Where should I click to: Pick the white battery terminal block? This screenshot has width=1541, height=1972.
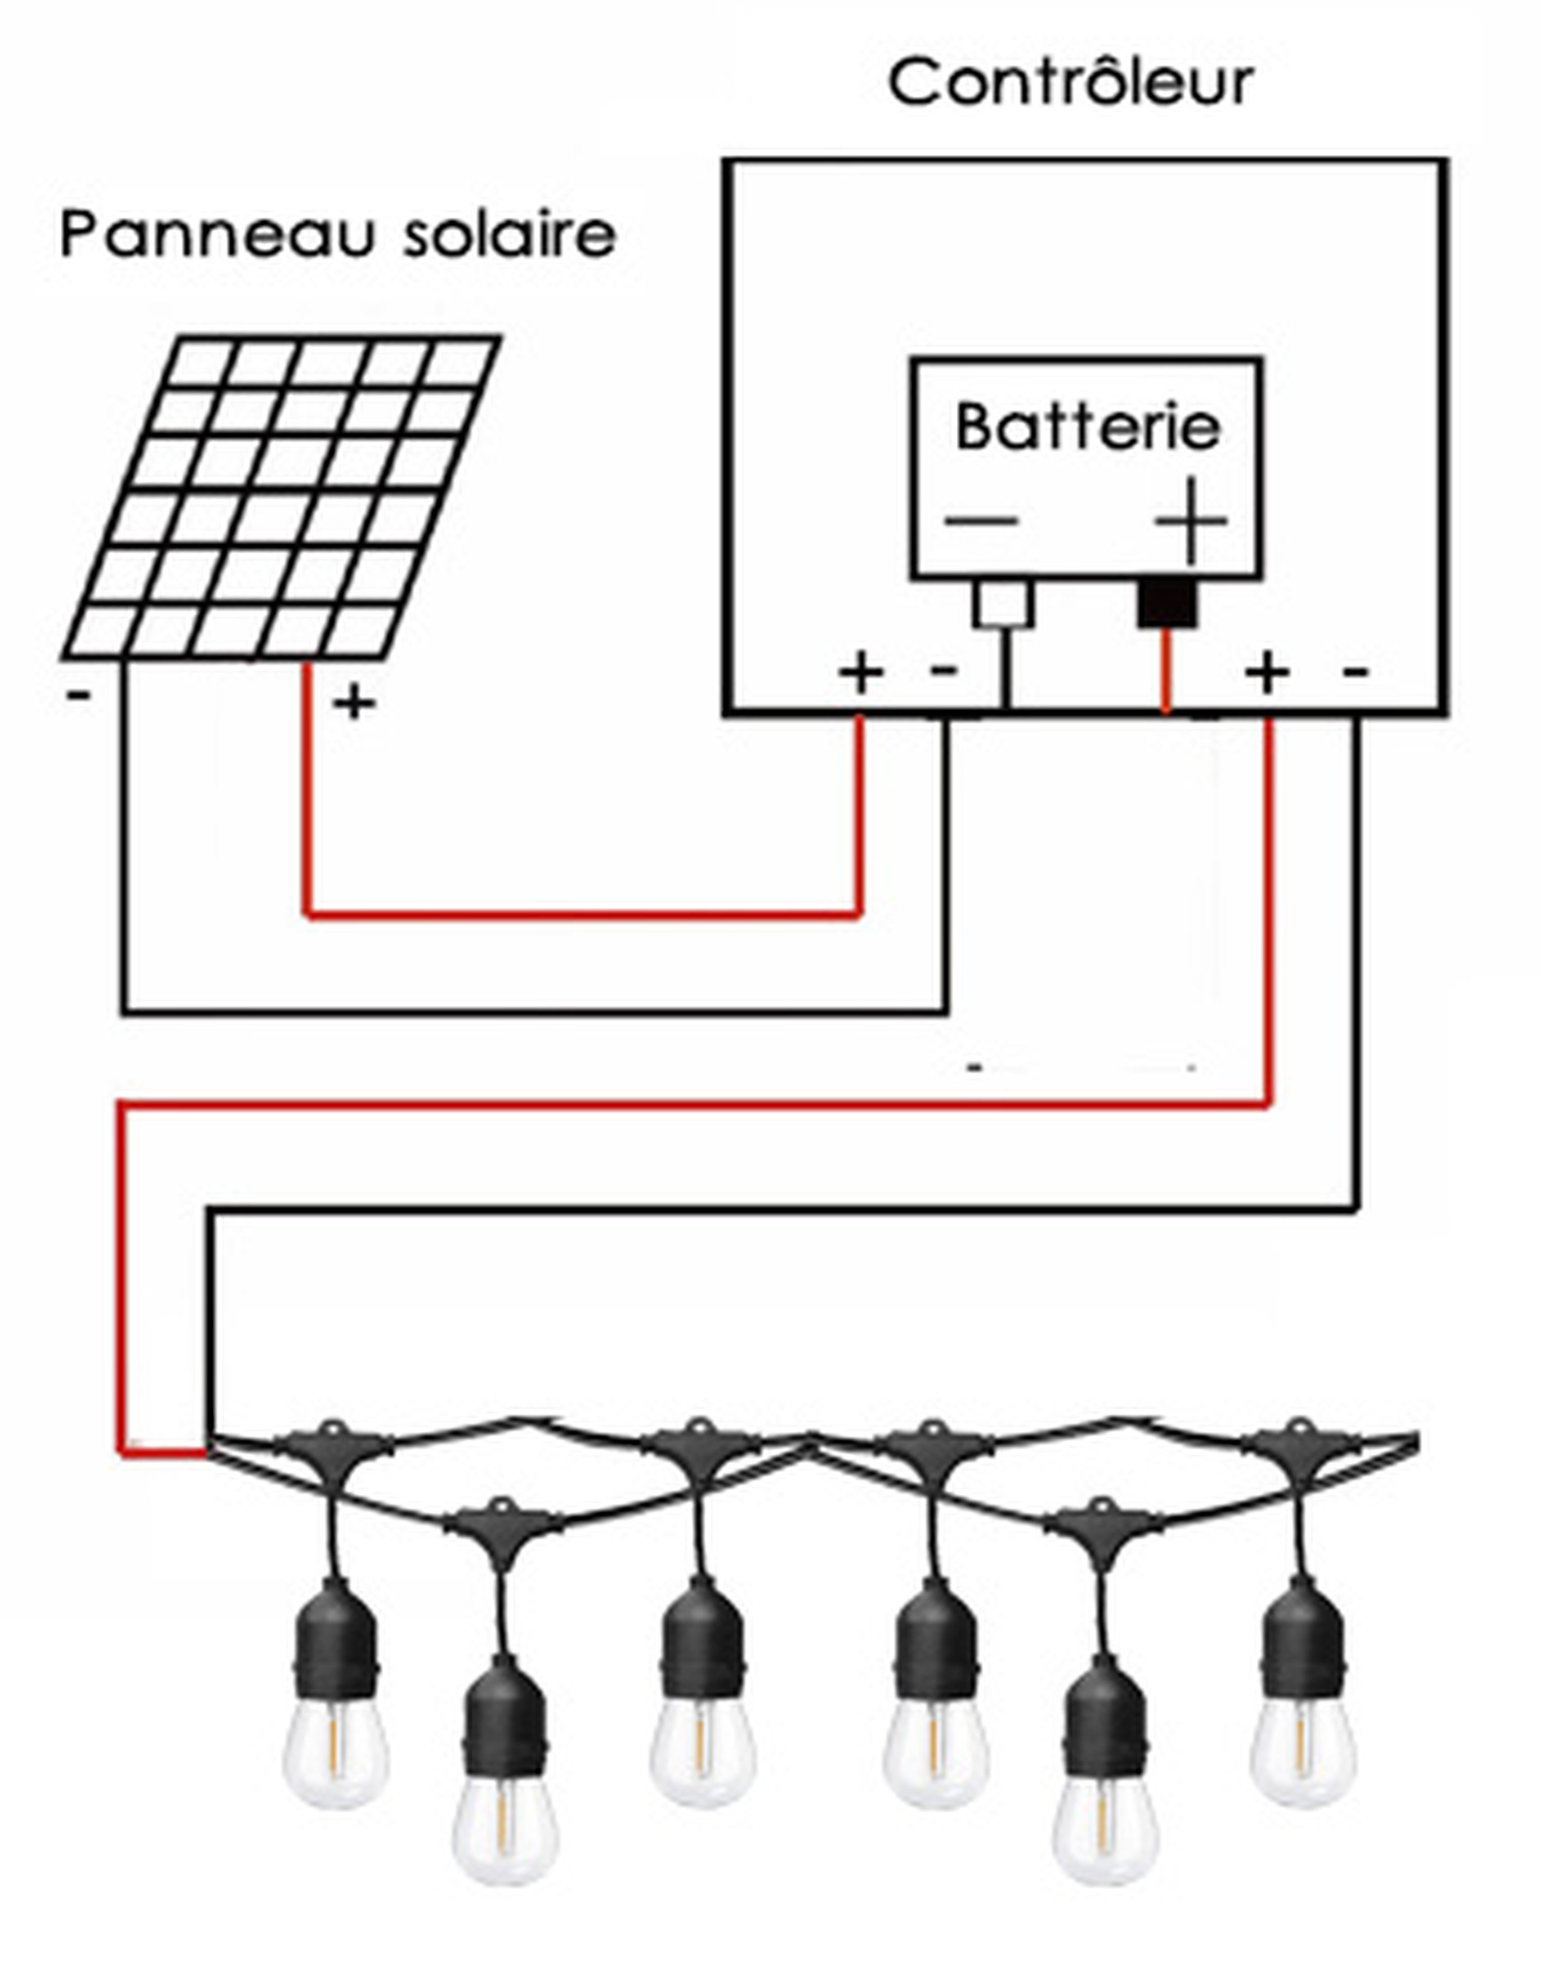(1004, 603)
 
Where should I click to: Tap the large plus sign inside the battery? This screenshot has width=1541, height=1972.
(1192, 521)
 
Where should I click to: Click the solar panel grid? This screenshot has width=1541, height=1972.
(280, 496)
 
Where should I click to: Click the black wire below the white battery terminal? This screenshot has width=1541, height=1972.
(1006, 668)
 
